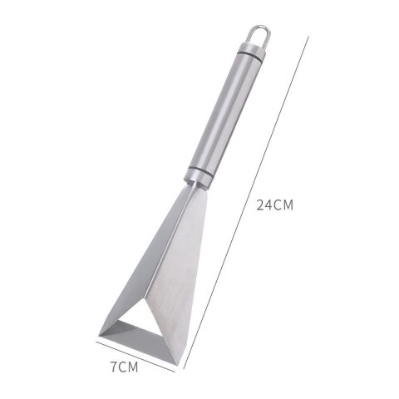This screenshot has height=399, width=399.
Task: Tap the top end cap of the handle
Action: coord(252,48)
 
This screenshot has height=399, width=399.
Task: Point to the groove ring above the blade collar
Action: coord(201,171)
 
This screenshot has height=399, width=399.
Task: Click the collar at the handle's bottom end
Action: coord(199,178)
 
